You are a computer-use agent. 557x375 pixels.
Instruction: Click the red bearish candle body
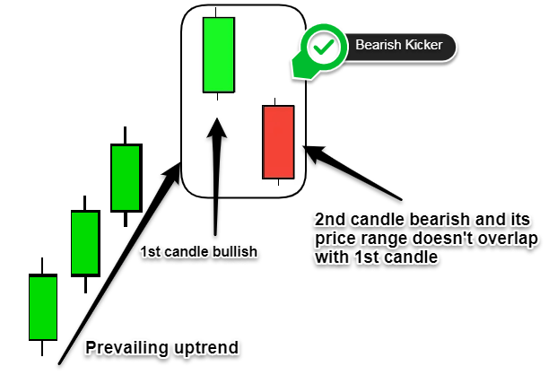278,142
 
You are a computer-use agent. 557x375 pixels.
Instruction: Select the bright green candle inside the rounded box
219,55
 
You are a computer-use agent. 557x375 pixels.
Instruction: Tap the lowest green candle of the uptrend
43,307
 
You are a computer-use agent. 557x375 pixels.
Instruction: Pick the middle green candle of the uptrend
85,243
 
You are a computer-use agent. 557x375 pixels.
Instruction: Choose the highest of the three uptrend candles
126,178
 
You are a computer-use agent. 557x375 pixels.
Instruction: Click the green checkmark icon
323,47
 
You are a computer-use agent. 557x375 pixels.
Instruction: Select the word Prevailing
126,348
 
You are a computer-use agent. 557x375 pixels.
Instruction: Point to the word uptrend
206,348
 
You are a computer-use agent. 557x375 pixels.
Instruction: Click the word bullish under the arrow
235,252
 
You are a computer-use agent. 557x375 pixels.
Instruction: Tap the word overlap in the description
508,239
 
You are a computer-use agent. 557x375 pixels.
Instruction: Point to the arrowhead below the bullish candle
216,128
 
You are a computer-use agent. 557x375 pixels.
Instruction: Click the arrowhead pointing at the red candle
313,153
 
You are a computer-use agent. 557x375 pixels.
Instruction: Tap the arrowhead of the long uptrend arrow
173,172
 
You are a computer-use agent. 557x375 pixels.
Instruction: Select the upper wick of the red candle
275,101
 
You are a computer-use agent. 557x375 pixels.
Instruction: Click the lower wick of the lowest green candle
42,348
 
